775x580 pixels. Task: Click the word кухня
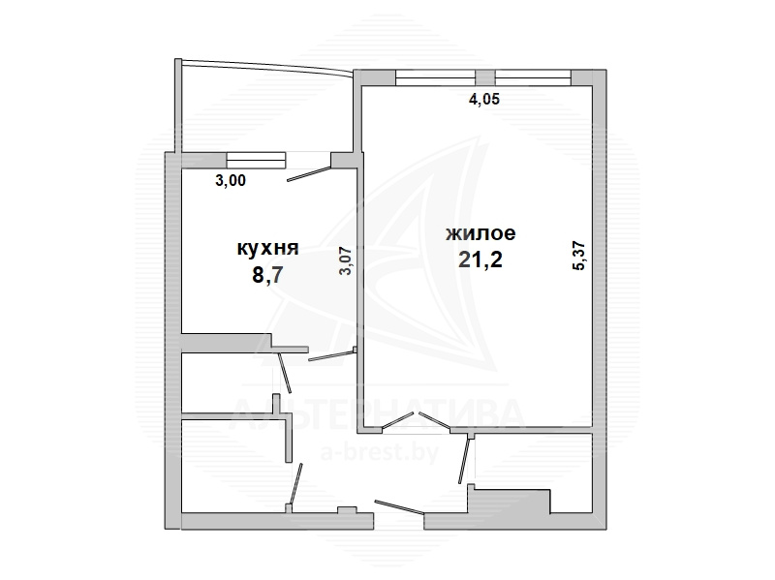(x=268, y=248)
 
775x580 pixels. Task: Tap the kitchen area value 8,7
(x=267, y=275)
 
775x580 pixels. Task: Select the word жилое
(x=480, y=232)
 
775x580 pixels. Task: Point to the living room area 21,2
(x=480, y=259)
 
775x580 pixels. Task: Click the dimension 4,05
(x=483, y=99)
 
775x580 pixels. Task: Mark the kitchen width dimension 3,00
(x=231, y=180)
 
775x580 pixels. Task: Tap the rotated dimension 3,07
(x=346, y=260)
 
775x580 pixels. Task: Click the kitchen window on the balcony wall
(x=256, y=160)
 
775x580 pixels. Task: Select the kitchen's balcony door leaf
(x=309, y=174)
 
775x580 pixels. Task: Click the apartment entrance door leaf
(x=399, y=506)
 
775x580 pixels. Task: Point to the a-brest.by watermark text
(x=379, y=452)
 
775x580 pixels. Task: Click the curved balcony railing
(x=267, y=66)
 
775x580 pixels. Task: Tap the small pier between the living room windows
(x=485, y=78)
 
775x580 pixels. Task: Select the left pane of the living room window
(x=435, y=78)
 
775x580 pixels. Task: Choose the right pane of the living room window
(x=533, y=78)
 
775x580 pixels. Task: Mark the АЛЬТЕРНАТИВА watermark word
(x=377, y=414)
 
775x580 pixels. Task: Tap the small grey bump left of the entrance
(x=347, y=510)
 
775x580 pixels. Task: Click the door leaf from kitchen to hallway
(x=331, y=355)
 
